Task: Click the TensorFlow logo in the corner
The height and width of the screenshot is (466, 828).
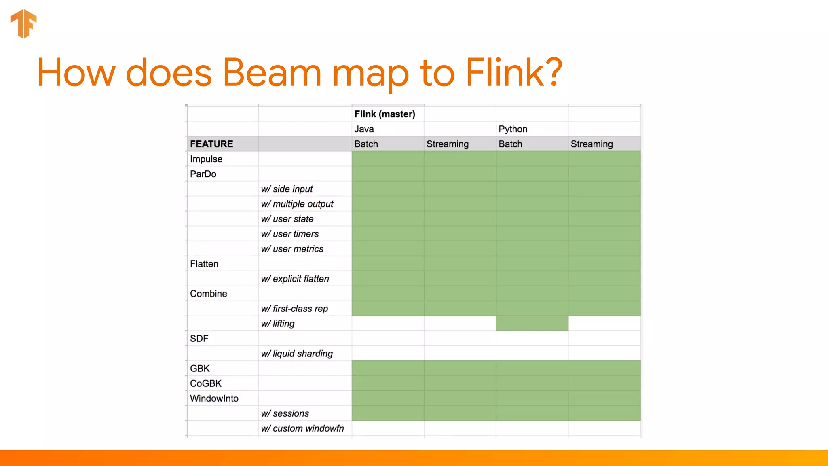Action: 23,23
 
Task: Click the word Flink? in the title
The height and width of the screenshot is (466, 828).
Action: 513,73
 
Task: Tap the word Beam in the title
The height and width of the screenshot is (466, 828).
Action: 272,73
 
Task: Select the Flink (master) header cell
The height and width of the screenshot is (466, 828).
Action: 384,114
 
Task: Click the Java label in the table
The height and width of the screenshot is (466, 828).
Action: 364,129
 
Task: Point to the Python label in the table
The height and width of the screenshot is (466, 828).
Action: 513,129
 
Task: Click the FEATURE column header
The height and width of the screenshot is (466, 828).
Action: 211,144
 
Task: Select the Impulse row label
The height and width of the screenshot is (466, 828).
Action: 206,159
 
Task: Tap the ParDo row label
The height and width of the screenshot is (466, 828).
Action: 203,174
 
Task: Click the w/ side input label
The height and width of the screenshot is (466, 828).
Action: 287,189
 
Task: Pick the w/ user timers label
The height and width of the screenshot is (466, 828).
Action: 289,234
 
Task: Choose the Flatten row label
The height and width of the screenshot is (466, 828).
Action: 204,264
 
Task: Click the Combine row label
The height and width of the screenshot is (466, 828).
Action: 209,294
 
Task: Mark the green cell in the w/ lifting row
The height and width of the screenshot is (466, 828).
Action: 532,324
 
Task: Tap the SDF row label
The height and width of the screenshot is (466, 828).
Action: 199,339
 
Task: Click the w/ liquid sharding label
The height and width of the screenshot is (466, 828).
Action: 297,354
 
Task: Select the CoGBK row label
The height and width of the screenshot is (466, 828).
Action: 206,383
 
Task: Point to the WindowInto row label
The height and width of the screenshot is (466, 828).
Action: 214,398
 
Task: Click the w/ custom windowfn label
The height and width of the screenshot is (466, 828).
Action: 302,428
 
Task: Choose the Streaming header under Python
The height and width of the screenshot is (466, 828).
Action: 591,144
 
